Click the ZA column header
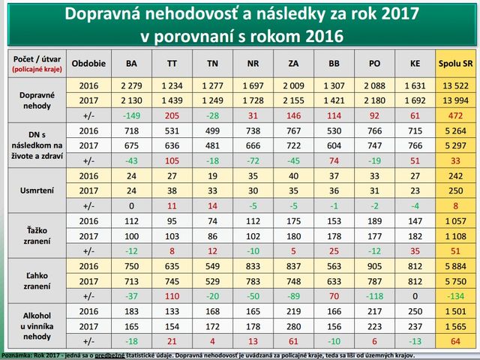click(x=293, y=64)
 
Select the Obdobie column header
click(x=89, y=64)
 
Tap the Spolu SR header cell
click(x=454, y=64)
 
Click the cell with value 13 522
click(x=454, y=84)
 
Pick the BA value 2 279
click(x=132, y=84)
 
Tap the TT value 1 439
click(x=172, y=100)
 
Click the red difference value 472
click(x=454, y=117)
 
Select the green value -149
click(x=132, y=117)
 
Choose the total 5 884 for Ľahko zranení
click(x=454, y=265)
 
